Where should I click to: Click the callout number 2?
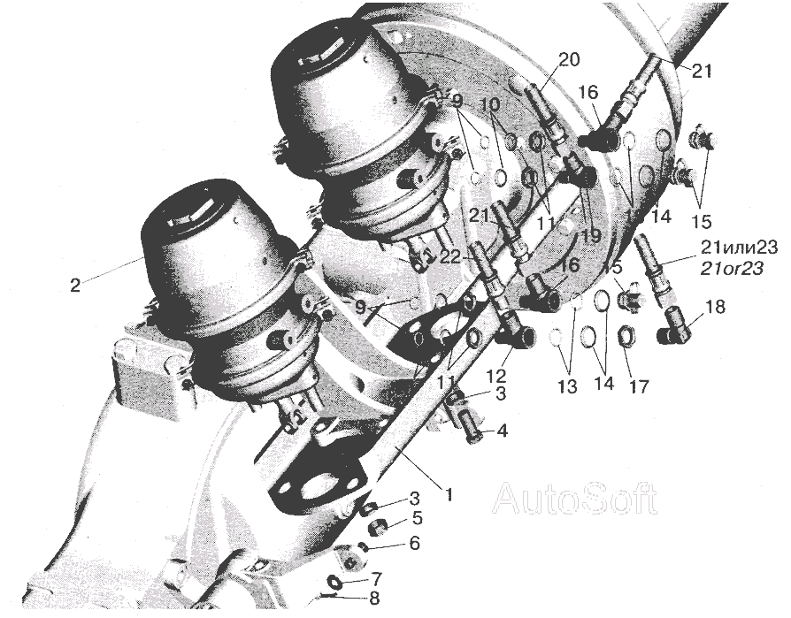click(x=74, y=286)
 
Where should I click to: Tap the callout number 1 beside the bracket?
click(x=448, y=494)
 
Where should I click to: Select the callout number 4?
click(x=502, y=431)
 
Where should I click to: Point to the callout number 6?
click(x=414, y=543)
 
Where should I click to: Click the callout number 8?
click(x=373, y=599)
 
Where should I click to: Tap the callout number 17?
click(x=638, y=385)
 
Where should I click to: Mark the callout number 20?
click(x=570, y=59)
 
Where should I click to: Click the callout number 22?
click(x=450, y=257)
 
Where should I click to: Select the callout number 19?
click(x=590, y=235)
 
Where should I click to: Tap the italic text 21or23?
click(x=732, y=269)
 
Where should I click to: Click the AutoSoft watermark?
click(x=575, y=498)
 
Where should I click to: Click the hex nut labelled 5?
click(x=380, y=529)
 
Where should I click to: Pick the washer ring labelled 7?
click(x=334, y=583)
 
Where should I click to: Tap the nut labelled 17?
click(x=627, y=338)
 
